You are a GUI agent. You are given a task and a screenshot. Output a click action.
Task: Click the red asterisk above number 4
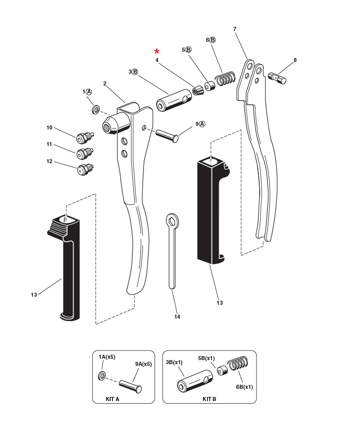coord(157,51)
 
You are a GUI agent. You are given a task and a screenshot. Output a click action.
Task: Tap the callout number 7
coord(235,29)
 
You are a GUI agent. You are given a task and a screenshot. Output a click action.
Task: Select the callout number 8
coord(295,60)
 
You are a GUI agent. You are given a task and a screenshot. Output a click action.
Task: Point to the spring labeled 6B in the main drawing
coord(225,78)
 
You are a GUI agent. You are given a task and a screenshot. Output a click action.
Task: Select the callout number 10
coord(49,128)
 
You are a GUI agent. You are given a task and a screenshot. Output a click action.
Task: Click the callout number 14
coord(177,317)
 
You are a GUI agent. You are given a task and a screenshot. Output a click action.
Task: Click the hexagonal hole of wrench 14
coord(172,221)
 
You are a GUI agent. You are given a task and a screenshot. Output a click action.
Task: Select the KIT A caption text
coord(112,399)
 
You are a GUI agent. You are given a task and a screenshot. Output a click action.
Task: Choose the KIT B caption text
coord(209,399)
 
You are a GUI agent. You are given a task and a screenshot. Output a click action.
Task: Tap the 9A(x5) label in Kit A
coord(143,364)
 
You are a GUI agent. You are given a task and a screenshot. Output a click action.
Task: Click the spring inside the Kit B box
coord(238,364)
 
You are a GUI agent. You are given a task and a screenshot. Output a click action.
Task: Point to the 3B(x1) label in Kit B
coord(174,361)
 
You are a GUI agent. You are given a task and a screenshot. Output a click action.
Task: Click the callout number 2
coord(104,83)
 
